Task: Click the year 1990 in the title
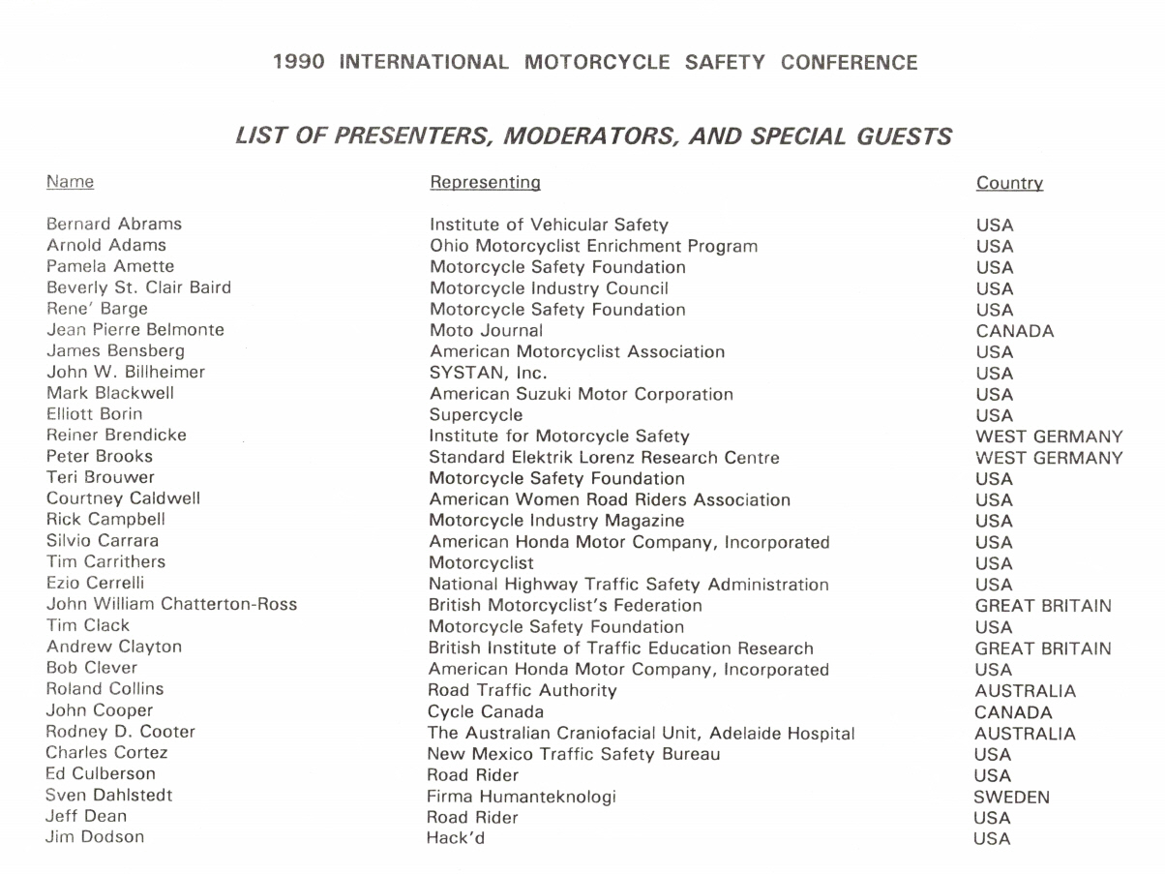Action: coord(298,63)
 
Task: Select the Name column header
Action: coord(70,182)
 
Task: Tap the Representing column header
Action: coord(485,182)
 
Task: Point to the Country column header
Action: coord(1009,183)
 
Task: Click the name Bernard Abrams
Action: coord(114,225)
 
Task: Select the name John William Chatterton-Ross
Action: coord(171,605)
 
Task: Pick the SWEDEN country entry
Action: coord(1011,798)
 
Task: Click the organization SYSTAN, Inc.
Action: coord(488,373)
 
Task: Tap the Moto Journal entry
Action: coord(486,331)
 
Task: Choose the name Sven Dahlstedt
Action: coord(109,796)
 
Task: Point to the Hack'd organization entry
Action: coord(455,838)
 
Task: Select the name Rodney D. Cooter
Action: coord(120,732)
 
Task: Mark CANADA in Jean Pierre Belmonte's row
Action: coord(1015,331)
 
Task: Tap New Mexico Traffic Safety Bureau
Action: coord(573,754)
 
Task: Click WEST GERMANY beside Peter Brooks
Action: coord(1049,458)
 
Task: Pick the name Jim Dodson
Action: coord(95,837)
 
